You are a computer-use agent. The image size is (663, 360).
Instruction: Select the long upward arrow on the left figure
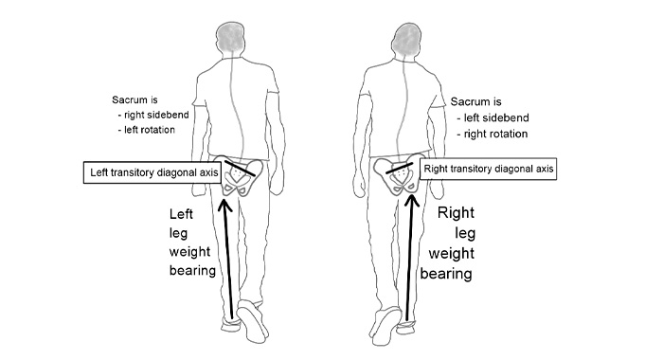pos(230,256)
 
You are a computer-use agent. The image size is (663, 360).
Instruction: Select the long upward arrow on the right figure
pos(410,256)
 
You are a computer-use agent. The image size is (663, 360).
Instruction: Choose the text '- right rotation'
pos(490,134)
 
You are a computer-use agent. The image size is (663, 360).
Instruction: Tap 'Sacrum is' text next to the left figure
pos(135,98)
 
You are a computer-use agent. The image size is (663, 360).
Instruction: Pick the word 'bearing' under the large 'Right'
pos(452,274)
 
